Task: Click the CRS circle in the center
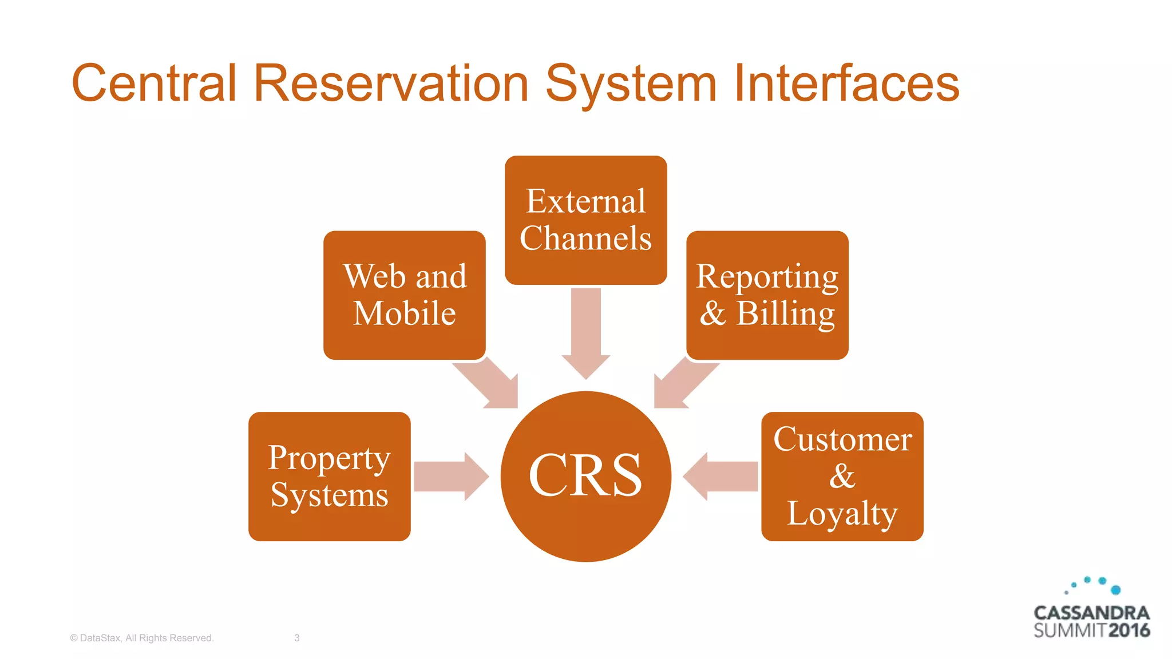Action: coord(585,476)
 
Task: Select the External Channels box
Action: coord(585,220)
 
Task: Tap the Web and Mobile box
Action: coord(404,295)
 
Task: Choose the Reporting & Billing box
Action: coord(767,295)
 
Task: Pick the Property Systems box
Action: coord(329,476)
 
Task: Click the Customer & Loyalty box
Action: coord(842,476)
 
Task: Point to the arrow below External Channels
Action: coord(585,332)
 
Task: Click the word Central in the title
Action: coord(153,84)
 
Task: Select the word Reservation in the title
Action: coord(390,84)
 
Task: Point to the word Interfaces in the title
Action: coord(846,84)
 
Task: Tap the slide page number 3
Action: coord(296,638)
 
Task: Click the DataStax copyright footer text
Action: coord(141,638)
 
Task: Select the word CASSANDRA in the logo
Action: coord(1091,613)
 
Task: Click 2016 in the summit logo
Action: coord(1129,630)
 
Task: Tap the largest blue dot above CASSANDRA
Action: coord(1115,590)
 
